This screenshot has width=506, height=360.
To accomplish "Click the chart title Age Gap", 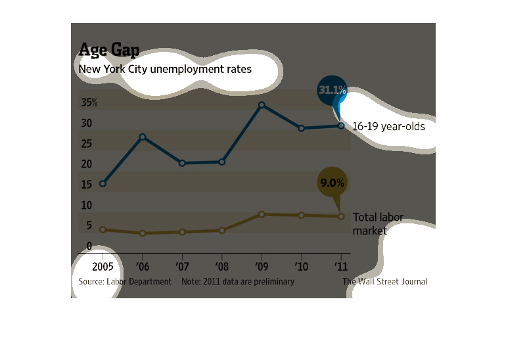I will click(x=108, y=50).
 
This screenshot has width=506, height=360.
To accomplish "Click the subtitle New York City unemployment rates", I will click(x=165, y=68).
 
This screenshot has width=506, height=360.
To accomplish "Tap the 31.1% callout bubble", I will click(x=332, y=91).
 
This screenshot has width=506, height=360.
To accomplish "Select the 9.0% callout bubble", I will click(x=332, y=183).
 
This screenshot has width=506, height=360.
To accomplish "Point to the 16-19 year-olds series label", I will click(x=388, y=126).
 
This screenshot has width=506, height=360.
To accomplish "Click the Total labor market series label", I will click(x=378, y=223).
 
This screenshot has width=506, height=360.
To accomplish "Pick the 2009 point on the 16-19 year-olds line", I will click(x=262, y=105).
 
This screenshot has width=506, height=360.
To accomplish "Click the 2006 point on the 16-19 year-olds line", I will click(x=143, y=137).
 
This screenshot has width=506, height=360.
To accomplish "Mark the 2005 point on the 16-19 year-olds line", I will click(x=103, y=183).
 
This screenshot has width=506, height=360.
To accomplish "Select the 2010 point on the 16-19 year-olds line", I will click(x=301, y=128).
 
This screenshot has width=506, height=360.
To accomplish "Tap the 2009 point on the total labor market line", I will click(x=262, y=214).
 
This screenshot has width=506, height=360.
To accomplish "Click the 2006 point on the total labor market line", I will click(x=143, y=233).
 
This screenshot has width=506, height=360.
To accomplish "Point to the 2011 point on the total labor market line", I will click(x=340, y=216).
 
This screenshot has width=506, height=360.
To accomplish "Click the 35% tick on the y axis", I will click(x=89, y=102).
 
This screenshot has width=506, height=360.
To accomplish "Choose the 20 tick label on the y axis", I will click(x=86, y=164).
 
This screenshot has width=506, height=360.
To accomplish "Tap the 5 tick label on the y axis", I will click(x=89, y=226).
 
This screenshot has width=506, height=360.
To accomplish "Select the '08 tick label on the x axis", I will click(x=221, y=267).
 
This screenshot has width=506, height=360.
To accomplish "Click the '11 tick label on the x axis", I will click(x=340, y=267).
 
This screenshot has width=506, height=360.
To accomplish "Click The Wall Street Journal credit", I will click(x=385, y=281).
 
